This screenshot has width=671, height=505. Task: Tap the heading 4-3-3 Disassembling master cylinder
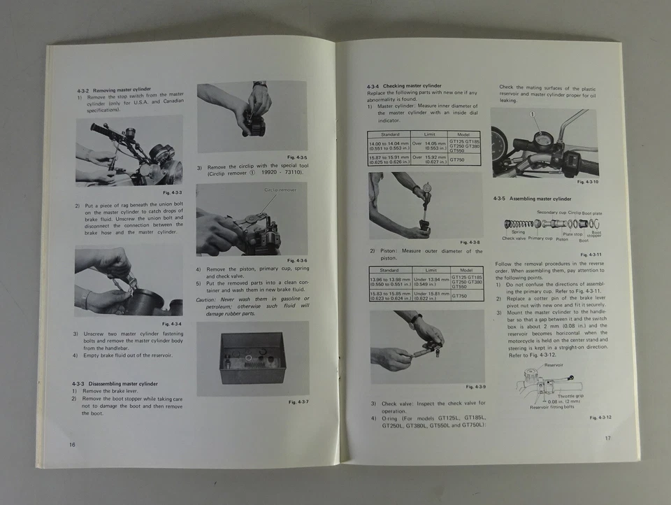[x=114, y=384]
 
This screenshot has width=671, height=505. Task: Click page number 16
[x=71, y=444]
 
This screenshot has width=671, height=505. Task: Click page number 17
[x=608, y=439]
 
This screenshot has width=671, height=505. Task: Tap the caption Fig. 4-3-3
[x=172, y=192]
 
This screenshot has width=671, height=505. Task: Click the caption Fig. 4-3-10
[x=586, y=182]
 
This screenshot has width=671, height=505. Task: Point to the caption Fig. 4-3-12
[x=600, y=418]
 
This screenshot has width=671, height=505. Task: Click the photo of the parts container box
[x=253, y=358]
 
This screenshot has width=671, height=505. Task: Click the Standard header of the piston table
[x=389, y=270]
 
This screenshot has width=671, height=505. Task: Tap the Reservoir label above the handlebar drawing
[x=554, y=364]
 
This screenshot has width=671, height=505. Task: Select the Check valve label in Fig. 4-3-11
[x=514, y=239]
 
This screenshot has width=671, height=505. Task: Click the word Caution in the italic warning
[x=208, y=299]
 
